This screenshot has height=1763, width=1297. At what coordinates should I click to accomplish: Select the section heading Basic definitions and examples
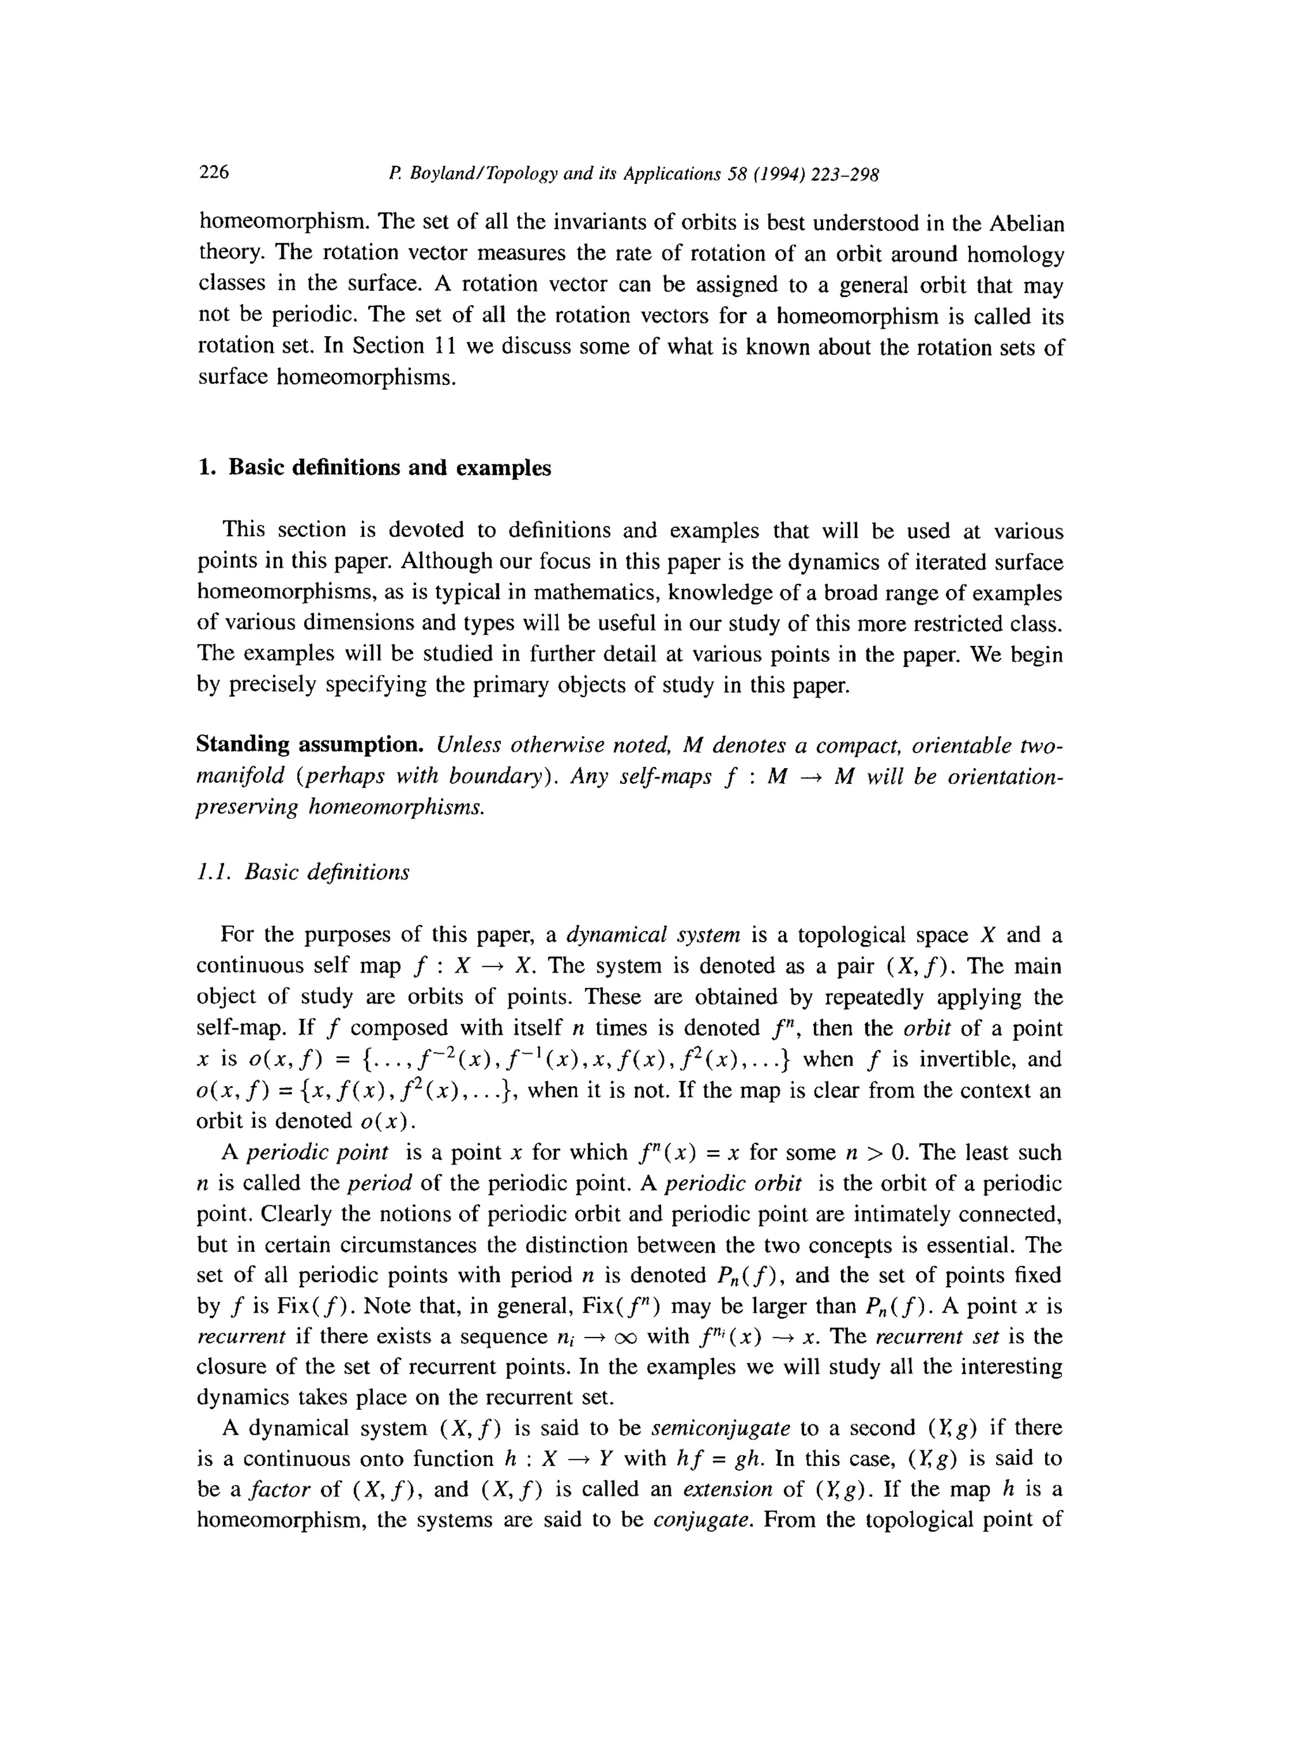[x=389, y=468]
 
